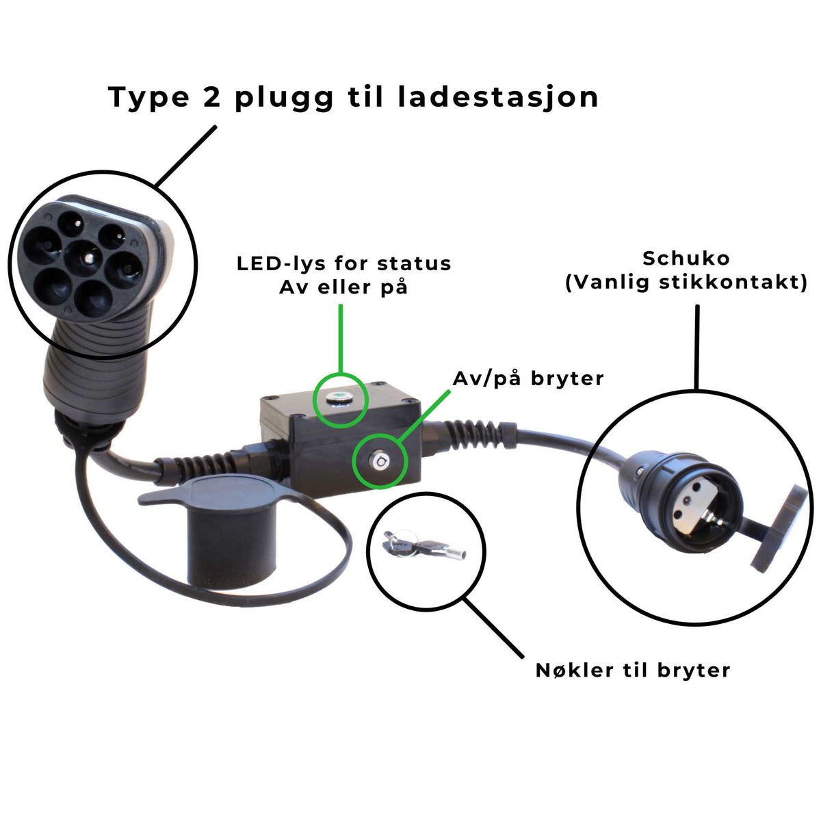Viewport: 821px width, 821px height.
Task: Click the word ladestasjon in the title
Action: pyautogui.click(x=498, y=97)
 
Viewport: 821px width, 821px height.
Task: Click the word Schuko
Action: pyautogui.click(x=686, y=259)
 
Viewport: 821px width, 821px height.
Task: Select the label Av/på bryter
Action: pyautogui.click(x=528, y=378)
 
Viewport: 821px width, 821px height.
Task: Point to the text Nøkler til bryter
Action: pyautogui.click(x=633, y=670)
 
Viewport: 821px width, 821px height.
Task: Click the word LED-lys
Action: pyautogui.click(x=283, y=264)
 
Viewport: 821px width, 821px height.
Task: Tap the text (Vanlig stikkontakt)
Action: pyautogui.click(x=686, y=282)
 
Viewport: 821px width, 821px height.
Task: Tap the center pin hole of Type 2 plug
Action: pyautogui.click(x=86, y=259)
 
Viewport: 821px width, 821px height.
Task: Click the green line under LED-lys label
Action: pyautogui.click(x=340, y=339)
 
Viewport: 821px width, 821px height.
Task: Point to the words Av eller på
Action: pyautogui.click(x=343, y=287)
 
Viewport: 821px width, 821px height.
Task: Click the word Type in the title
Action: pyautogui.click(x=148, y=97)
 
